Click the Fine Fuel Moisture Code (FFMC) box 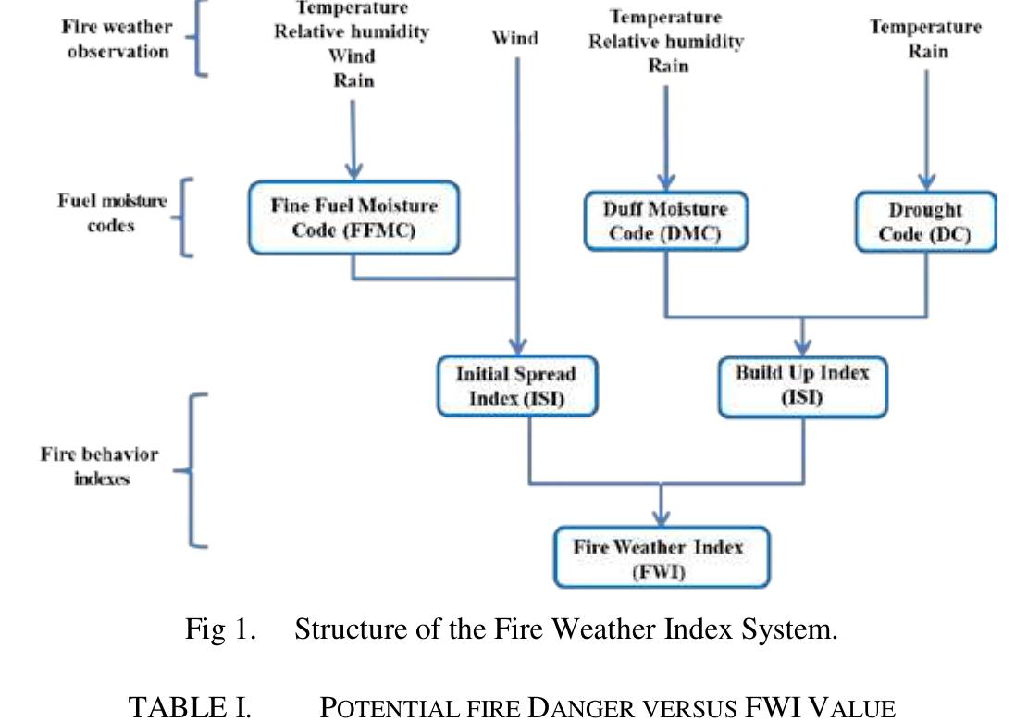pyautogui.click(x=353, y=218)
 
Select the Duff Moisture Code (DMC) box pyautogui.click(x=664, y=221)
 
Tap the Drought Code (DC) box pyautogui.click(x=924, y=222)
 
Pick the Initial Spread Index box pyautogui.click(x=515, y=386)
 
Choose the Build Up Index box pyautogui.click(x=802, y=385)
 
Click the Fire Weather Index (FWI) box pyautogui.click(x=661, y=557)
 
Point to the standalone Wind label pyautogui.click(x=514, y=38)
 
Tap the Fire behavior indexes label pyautogui.click(x=99, y=467)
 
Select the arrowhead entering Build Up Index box pyautogui.click(x=802, y=346)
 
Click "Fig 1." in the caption pyautogui.click(x=219, y=630)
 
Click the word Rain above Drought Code pyautogui.click(x=927, y=50)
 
